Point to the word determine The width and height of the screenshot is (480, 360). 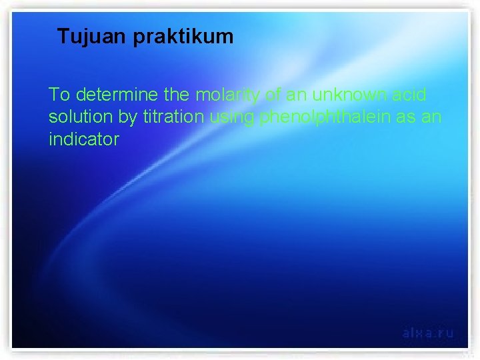tap(113, 95)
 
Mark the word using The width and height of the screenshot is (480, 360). tap(233, 118)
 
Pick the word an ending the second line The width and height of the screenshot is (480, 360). tap(431, 117)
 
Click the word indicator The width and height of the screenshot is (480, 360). tap(83, 139)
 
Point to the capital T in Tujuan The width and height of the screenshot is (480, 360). tap(63, 37)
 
